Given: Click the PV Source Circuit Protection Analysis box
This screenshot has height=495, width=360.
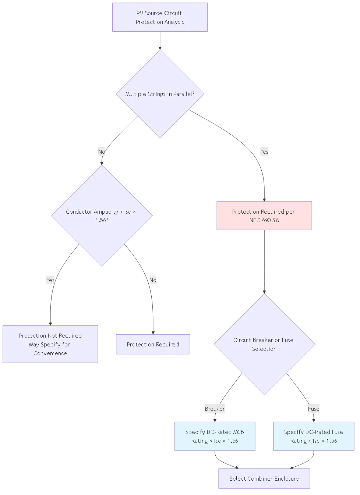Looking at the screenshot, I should click(x=160, y=17).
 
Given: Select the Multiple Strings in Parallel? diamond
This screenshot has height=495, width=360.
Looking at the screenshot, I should click(x=160, y=94).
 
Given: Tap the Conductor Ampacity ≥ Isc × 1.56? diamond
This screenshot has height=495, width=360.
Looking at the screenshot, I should click(x=101, y=216).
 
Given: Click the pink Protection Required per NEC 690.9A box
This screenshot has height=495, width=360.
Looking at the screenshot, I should click(x=264, y=216).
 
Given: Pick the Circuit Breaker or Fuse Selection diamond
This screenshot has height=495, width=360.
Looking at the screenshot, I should click(x=264, y=344).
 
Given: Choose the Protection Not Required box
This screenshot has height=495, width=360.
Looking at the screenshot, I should click(x=50, y=344).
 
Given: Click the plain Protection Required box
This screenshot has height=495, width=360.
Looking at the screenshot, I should click(x=153, y=344).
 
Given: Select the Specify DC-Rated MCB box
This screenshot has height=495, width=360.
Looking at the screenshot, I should click(x=215, y=436).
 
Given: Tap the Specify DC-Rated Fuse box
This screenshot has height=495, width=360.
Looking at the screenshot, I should click(x=313, y=436).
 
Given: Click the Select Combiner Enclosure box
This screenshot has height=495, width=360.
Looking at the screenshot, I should click(x=264, y=478).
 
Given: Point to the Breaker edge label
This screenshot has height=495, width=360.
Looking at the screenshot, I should click(x=215, y=409).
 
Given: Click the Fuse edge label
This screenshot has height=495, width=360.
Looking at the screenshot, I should click(x=314, y=409).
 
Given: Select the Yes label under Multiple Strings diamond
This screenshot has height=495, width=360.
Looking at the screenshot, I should click(x=264, y=152).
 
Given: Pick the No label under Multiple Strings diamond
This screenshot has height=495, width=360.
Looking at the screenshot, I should click(x=102, y=152).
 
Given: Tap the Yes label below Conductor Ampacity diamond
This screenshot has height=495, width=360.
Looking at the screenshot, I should click(x=50, y=280).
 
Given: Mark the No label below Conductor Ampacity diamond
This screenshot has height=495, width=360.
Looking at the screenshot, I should click(x=152, y=280).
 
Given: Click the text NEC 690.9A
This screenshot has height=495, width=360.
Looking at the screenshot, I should click(x=264, y=220).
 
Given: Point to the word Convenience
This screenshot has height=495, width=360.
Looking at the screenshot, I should click(x=50, y=353).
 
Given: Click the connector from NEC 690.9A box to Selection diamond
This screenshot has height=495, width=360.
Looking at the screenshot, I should click(x=264, y=261).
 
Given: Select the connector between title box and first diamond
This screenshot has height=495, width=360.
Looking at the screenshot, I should click(x=160, y=40).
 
